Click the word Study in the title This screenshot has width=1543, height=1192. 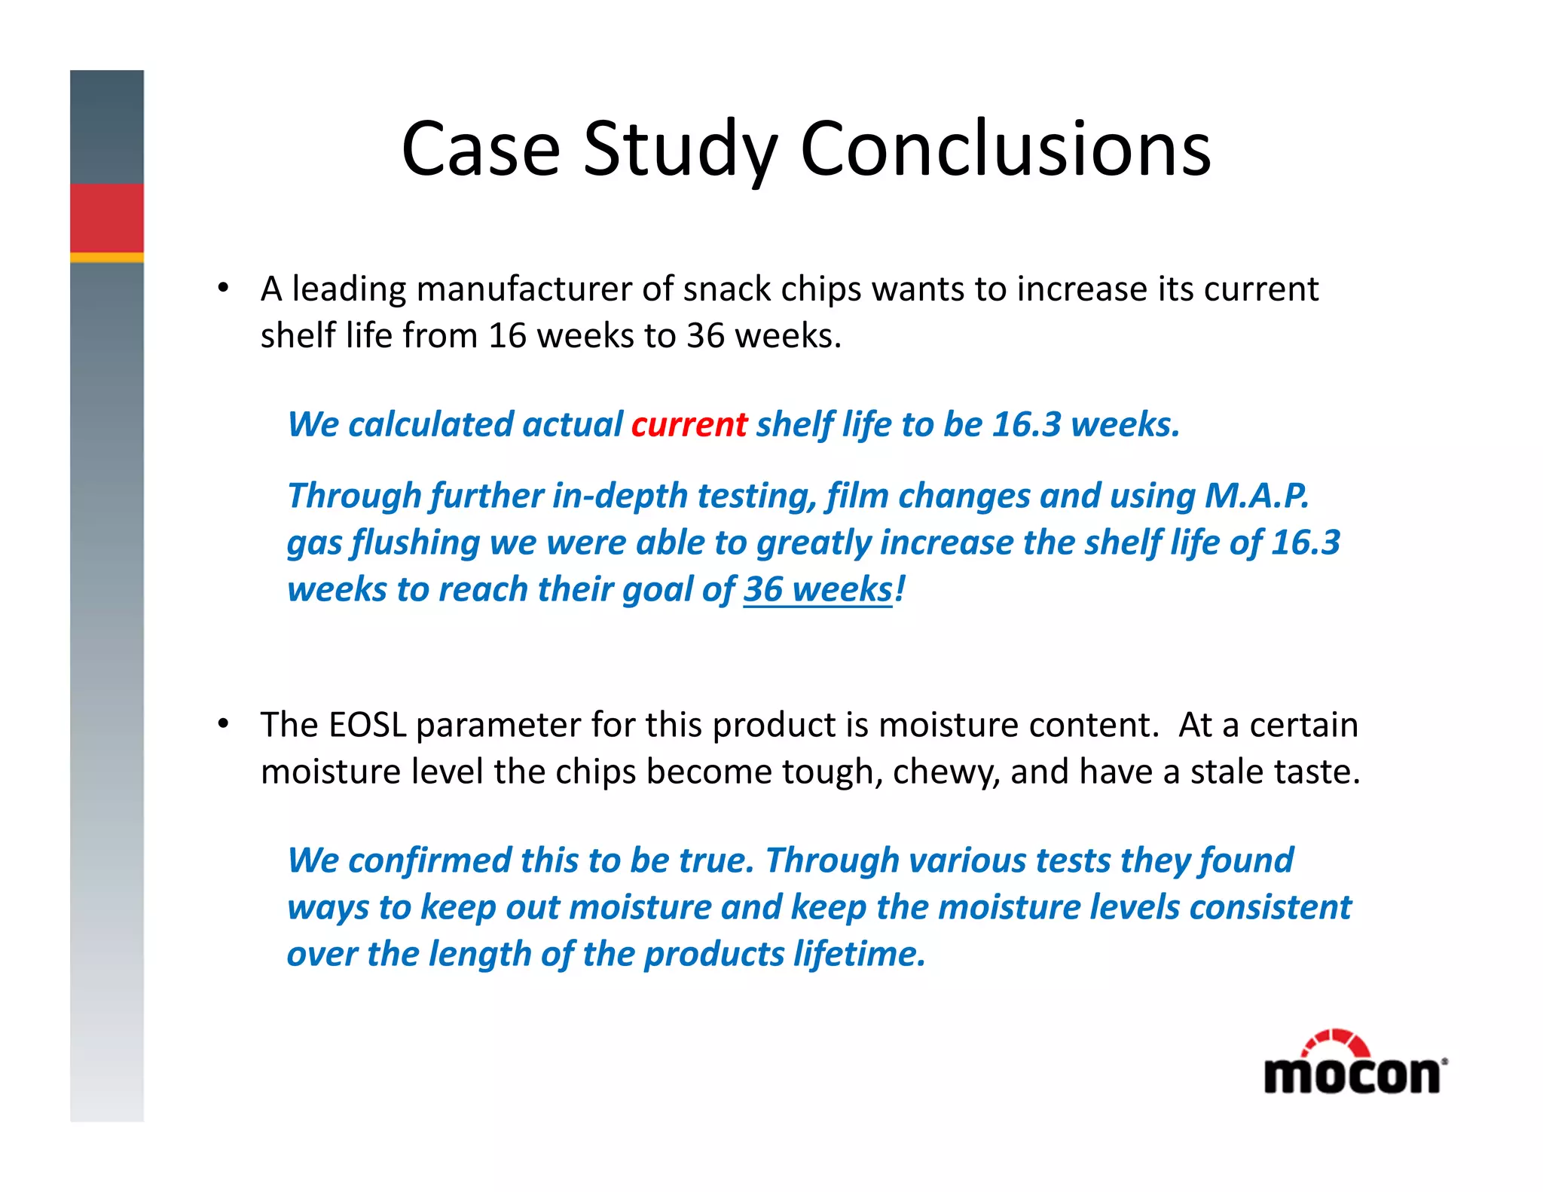680,149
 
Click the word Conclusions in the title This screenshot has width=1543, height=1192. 1005,149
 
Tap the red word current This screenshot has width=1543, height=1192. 689,424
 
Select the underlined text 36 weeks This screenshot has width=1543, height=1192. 817,589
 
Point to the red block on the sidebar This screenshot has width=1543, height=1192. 107,218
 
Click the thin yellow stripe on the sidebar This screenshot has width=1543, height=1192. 107,258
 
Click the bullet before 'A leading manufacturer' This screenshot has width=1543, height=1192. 223,289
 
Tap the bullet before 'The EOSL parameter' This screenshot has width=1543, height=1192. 223,724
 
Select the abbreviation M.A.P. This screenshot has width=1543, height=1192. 1256,496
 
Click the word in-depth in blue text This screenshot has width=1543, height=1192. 620,497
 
